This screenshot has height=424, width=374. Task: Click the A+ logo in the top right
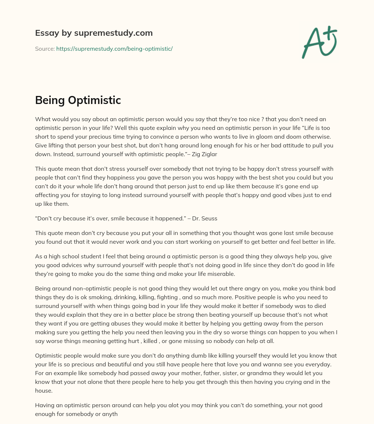[320, 42]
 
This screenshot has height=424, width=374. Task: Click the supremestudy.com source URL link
[114, 49]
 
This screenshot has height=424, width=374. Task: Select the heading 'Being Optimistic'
[78, 100]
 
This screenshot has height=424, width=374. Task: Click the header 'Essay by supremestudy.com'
[94, 33]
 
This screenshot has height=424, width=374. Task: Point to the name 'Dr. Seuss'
[207, 219]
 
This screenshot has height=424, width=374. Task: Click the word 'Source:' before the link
[45, 49]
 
